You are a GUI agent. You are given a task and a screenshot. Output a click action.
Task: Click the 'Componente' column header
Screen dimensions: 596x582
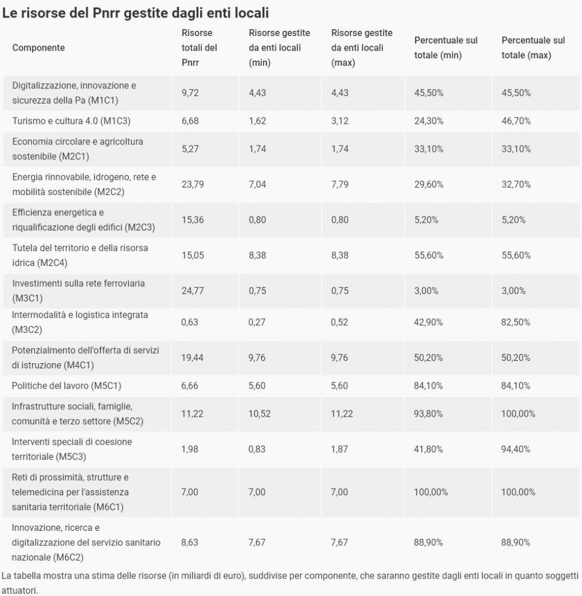click(x=38, y=48)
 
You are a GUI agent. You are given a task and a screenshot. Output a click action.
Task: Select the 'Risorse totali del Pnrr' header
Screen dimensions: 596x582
click(x=199, y=48)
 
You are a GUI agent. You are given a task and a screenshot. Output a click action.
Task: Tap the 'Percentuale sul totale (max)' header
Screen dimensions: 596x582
click(x=533, y=48)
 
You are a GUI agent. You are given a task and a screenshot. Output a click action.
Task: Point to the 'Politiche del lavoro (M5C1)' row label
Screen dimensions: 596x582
click(x=66, y=386)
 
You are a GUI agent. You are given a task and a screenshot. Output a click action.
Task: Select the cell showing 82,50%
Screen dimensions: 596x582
click(x=516, y=322)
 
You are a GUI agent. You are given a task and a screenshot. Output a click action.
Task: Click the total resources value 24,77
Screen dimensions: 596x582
click(x=193, y=291)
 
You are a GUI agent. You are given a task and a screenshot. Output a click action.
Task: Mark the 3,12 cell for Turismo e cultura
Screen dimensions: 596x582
click(x=340, y=121)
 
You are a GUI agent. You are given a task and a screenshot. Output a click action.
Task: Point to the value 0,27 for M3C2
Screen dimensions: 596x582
click(x=257, y=322)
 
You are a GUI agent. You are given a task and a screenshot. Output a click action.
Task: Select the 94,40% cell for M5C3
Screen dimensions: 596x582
click(x=516, y=449)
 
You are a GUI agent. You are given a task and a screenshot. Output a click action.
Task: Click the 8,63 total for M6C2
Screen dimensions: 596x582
click(x=190, y=542)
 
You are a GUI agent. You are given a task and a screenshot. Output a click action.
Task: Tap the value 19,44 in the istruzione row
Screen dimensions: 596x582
click(x=193, y=358)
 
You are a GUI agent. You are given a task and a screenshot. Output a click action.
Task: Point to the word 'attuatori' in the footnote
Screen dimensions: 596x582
click(x=19, y=590)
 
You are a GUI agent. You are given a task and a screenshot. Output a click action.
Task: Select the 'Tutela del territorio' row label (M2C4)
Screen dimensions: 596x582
click(x=80, y=255)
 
